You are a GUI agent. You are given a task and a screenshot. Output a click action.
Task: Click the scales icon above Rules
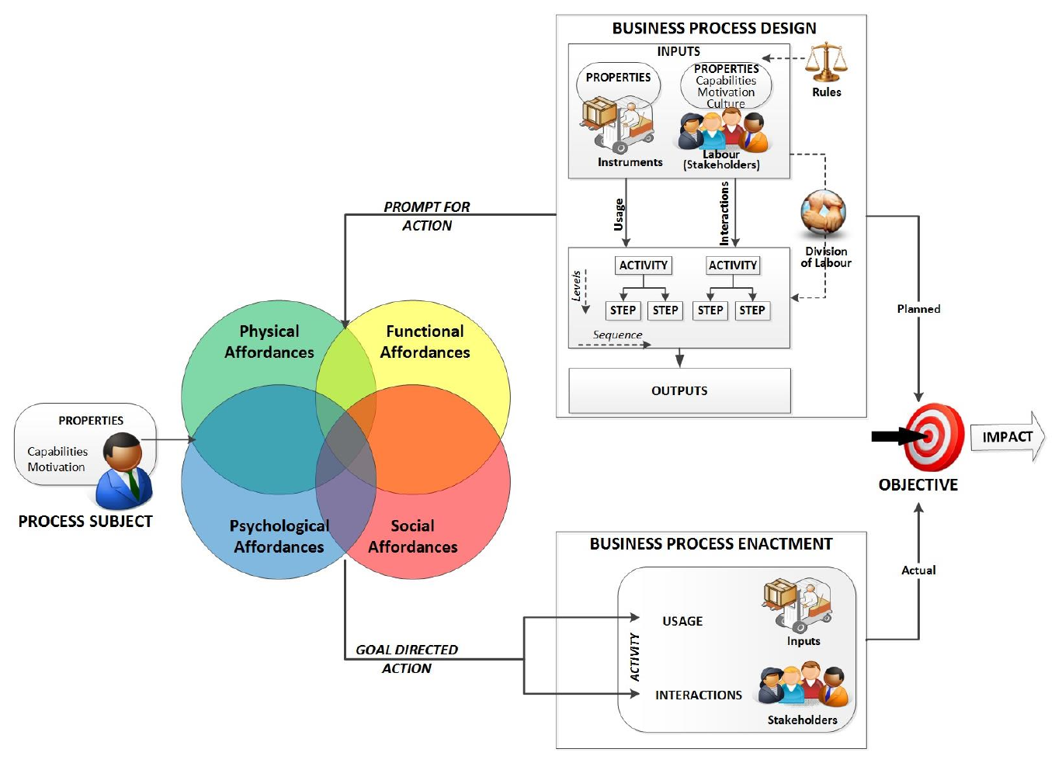826,62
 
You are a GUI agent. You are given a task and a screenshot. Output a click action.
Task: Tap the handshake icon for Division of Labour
823,213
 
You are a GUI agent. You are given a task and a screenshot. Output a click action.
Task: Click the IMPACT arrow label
1007,437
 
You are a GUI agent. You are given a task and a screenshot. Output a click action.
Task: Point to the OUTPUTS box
679,390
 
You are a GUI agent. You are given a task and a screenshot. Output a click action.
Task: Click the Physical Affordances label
269,342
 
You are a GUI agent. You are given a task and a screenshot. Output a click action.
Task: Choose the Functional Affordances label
425,342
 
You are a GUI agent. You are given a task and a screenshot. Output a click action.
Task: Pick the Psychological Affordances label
279,536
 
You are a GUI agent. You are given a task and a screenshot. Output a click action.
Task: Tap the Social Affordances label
412,536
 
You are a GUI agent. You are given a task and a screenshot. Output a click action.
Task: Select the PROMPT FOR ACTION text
427,216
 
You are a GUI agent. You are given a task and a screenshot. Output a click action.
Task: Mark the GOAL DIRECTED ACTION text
407,659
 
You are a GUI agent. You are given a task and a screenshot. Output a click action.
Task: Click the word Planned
918,309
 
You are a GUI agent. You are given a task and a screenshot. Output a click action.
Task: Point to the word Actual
918,570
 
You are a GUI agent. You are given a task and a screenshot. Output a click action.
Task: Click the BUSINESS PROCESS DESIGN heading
713,29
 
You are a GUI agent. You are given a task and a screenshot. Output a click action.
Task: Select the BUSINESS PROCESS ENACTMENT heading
710,544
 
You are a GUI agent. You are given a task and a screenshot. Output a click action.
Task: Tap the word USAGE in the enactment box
682,621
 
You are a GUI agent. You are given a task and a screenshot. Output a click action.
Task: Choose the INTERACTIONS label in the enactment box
698,695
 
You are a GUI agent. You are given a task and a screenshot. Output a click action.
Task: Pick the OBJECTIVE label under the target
918,485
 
